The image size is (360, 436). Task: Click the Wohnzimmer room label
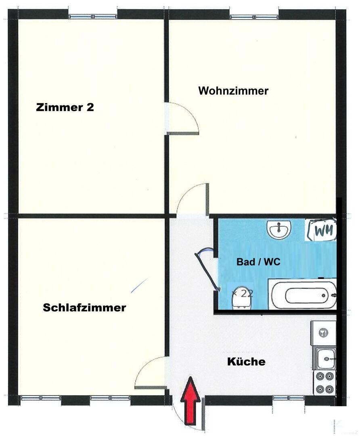coord(233,91)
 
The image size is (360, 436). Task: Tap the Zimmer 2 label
coord(65,107)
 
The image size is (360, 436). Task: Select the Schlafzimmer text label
coord(84,308)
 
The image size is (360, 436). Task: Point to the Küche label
coord(246,361)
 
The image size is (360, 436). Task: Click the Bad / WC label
coord(258,262)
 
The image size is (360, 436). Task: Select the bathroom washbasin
coord(279,229)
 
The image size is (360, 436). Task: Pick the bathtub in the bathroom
coord(302,295)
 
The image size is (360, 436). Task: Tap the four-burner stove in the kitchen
coord(325,383)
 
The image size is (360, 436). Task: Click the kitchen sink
coord(325,359)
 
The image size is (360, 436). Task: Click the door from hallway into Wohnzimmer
coord(193,199)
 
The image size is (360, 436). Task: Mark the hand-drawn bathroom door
coord(207,269)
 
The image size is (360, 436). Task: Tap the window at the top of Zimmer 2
coord(93,17)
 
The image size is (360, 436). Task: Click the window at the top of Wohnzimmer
coord(254,17)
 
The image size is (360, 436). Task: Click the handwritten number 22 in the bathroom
coord(243,293)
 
